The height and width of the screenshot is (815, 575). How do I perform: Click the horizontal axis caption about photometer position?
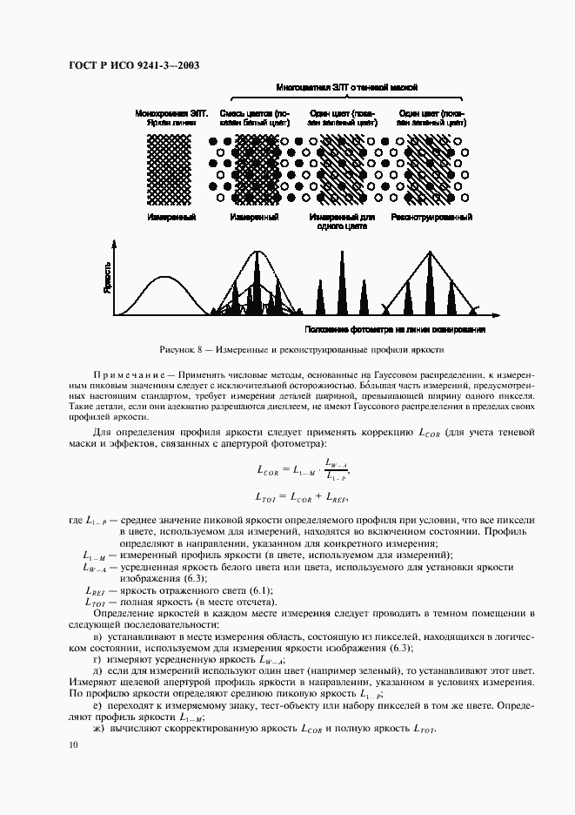(x=395, y=330)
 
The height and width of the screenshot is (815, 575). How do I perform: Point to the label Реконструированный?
(x=431, y=217)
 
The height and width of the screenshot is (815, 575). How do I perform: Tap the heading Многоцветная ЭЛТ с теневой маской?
(x=347, y=88)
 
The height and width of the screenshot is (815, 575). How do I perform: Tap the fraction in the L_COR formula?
(x=336, y=468)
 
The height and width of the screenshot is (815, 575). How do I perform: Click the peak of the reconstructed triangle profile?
(x=431, y=253)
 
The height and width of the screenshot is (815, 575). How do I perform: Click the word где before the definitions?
(x=76, y=521)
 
